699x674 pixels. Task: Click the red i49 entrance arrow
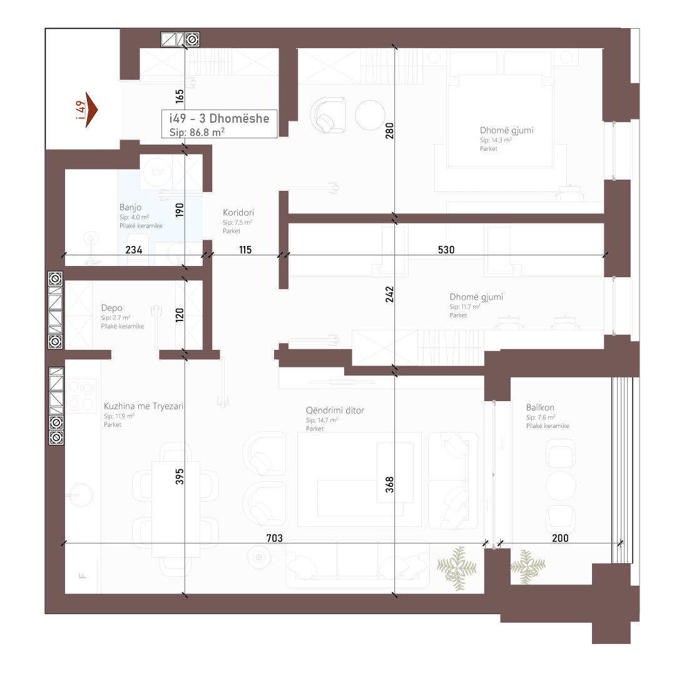[91, 110]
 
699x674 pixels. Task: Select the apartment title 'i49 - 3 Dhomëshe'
[219, 118]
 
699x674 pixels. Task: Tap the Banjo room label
[131, 207]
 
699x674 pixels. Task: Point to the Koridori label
[238, 213]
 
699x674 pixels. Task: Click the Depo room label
[111, 307]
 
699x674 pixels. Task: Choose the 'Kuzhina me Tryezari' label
[143, 406]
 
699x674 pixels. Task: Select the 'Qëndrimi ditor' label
[335, 410]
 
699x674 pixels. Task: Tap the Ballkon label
[540, 407]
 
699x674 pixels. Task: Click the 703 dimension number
[275, 538]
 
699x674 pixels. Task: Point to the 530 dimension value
[446, 250]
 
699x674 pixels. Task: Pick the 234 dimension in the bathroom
[134, 250]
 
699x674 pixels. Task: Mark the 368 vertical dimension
[389, 484]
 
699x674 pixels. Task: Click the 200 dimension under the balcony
[560, 538]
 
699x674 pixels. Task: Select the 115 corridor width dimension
[245, 250]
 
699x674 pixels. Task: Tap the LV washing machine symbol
[157, 171]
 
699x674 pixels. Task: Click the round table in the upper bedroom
[370, 115]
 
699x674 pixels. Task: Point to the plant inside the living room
[456, 568]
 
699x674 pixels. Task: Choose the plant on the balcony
[528, 566]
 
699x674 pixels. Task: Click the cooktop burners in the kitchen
[81, 396]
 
